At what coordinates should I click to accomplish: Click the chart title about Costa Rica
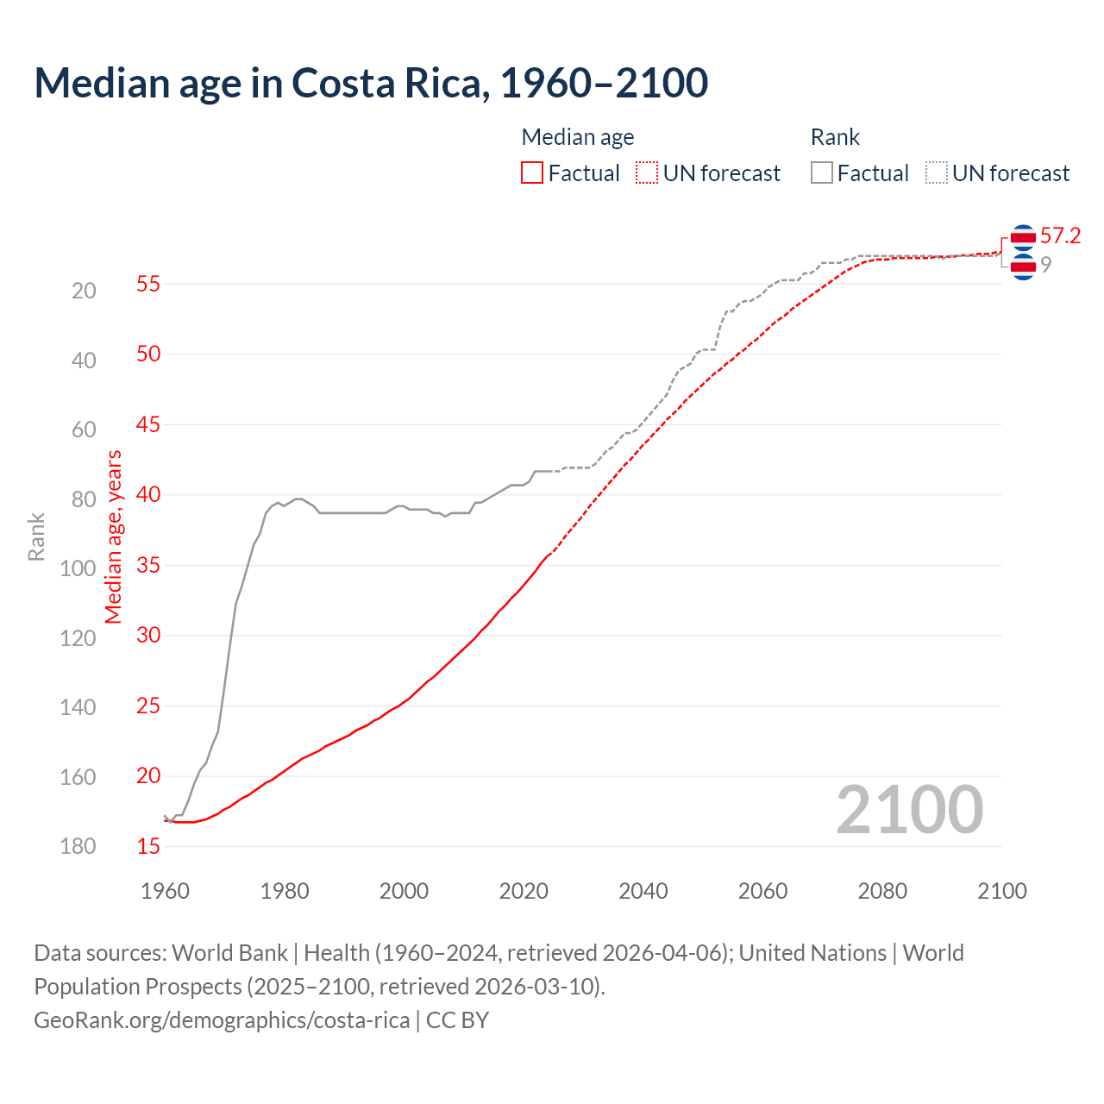tap(371, 83)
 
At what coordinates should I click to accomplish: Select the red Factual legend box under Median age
tap(532, 173)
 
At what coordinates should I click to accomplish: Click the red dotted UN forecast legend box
tap(647, 173)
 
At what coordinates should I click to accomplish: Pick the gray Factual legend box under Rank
tap(821, 173)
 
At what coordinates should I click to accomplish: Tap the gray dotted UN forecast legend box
tap(936, 173)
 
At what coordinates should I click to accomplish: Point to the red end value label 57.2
tap(1060, 236)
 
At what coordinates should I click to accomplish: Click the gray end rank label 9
tap(1045, 266)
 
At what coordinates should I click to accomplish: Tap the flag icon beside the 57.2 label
tap(1023, 236)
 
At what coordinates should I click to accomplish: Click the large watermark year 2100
tap(909, 809)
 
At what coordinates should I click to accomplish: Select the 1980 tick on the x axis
tap(285, 891)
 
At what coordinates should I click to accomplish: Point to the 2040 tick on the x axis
tap(643, 891)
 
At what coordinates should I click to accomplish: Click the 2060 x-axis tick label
tap(762, 891)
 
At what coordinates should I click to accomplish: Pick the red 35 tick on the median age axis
tap(148, 566)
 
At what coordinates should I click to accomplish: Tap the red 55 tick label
tap(148, 284)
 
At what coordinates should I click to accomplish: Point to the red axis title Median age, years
tap(114, 536)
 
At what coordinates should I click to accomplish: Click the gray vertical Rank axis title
tap(36, 537)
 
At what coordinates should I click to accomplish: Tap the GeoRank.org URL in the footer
tap(222, 1020)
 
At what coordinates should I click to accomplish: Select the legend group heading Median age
tap(578, 137)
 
